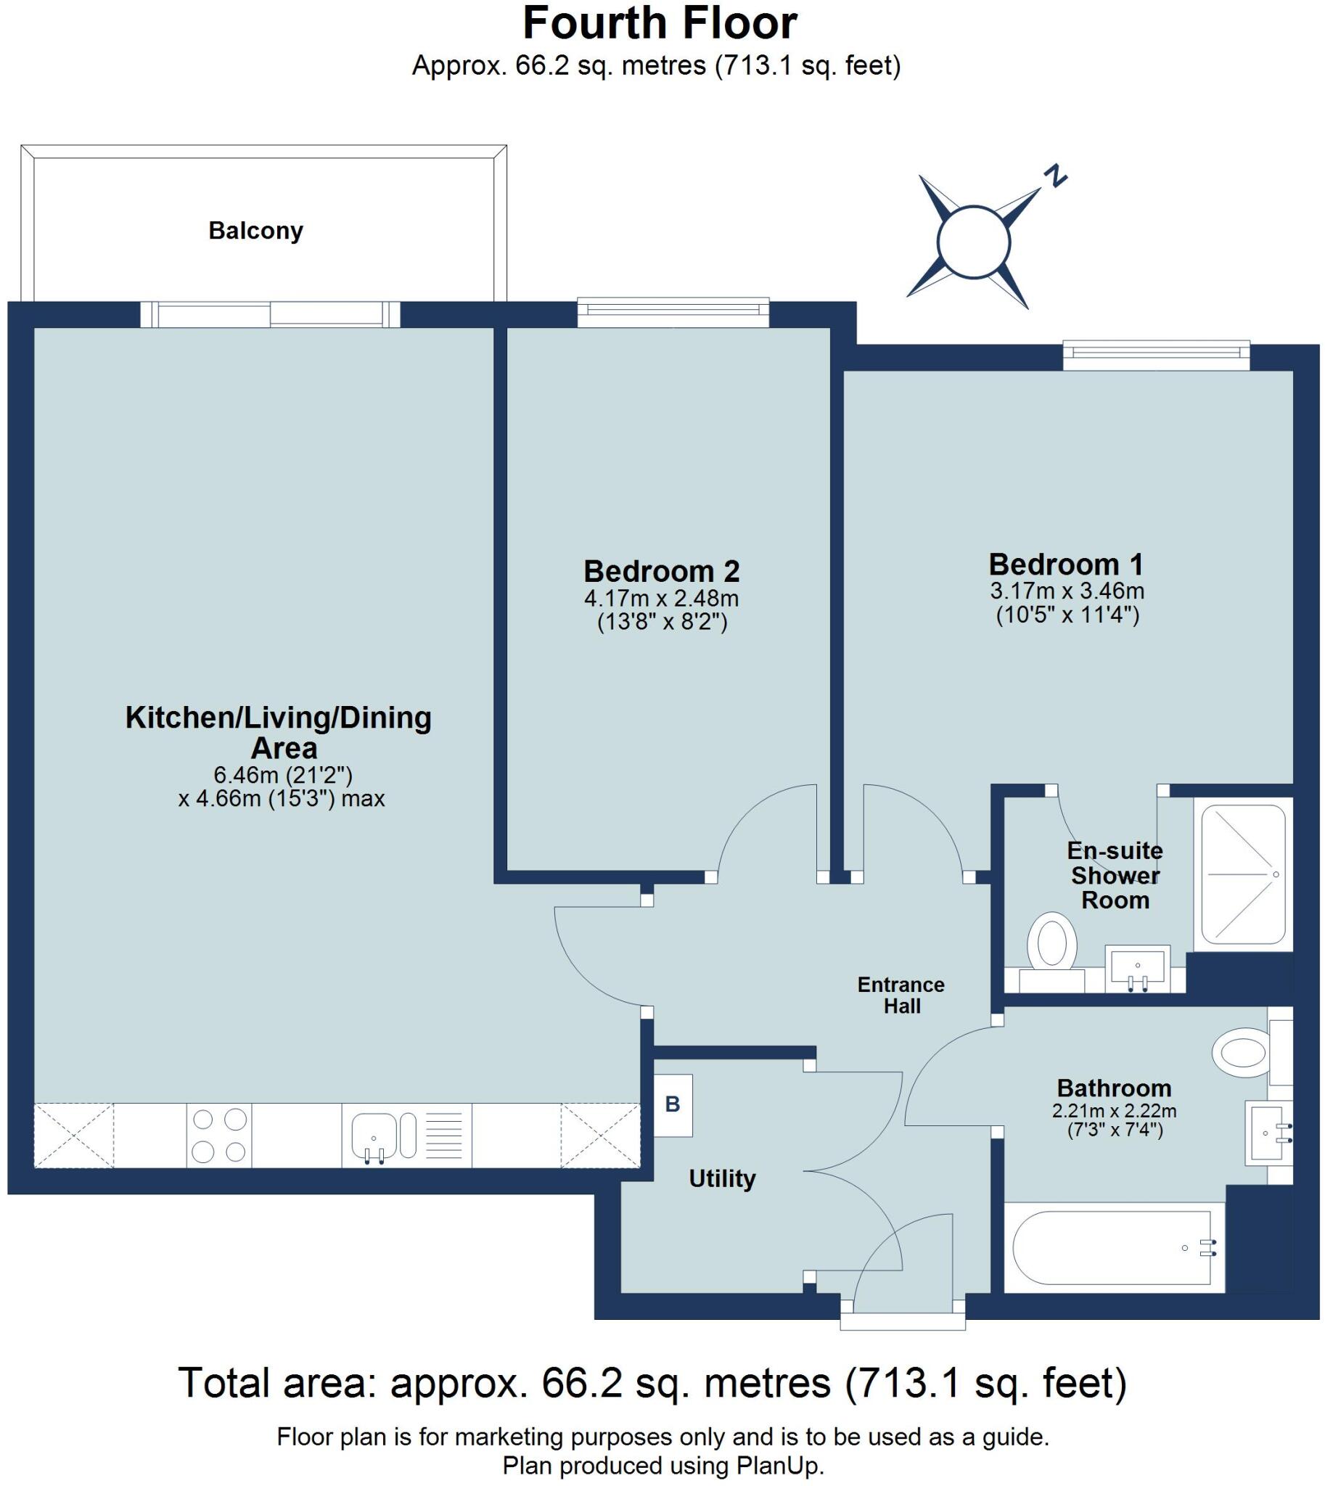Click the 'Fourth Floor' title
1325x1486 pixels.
(660, 23)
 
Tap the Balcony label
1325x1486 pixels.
(255, 231)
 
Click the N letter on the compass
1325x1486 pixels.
(1055, 176)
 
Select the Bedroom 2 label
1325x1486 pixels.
(661, 572)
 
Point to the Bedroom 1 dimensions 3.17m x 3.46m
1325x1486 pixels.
(1067, 591)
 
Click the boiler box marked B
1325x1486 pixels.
(672, 1104)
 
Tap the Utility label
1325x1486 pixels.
(722, 1178)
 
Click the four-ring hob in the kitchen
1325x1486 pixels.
(219, 1135)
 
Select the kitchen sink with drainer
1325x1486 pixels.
(407, 1135)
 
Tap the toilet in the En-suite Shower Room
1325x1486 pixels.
(1051, 946)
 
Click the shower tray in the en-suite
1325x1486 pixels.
(1244, 874)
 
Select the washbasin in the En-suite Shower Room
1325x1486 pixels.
(1137, 969)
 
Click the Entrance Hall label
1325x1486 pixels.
(901, 996)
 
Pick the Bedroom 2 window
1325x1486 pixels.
(673, 312)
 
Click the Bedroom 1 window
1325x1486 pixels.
(1156, 355)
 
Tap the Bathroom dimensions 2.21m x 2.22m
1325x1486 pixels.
(1114, 1111)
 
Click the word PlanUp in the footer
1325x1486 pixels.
(778, 1465)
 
